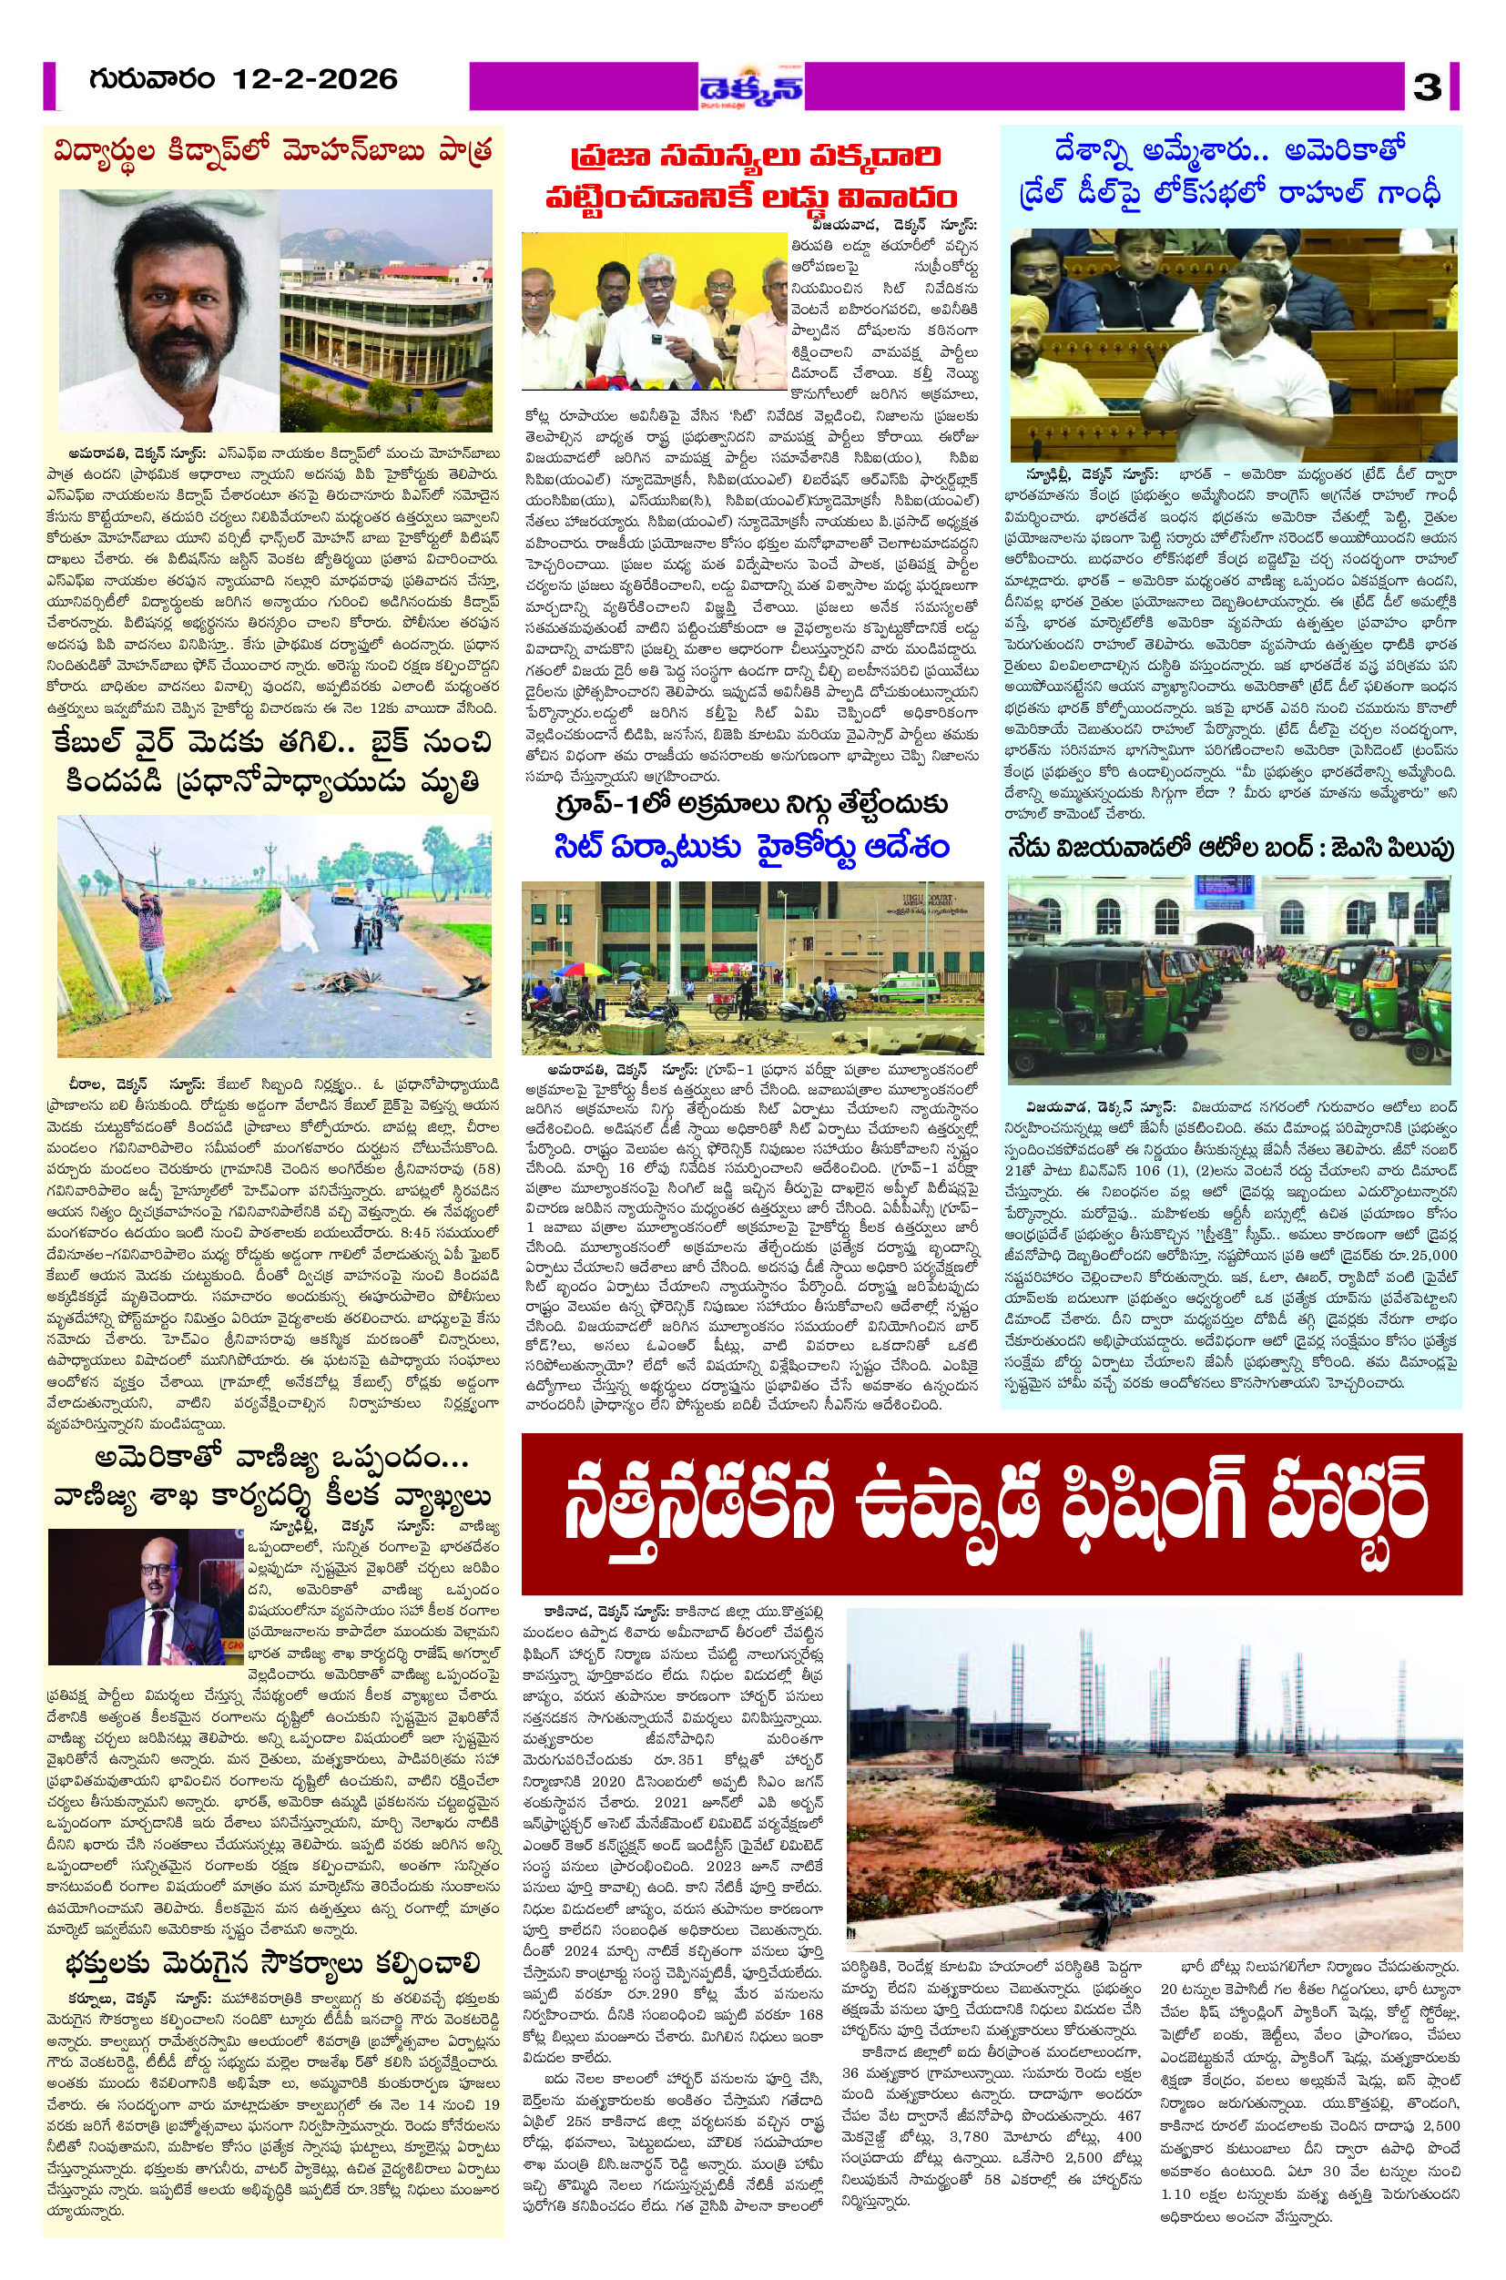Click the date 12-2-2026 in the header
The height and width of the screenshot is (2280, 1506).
[x=313, y=78]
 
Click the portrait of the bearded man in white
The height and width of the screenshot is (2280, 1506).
[x=168, y=312]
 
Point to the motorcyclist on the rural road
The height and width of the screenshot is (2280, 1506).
[x=373, y=927]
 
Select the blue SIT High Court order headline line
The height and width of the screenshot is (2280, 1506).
[x=752, y=846]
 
